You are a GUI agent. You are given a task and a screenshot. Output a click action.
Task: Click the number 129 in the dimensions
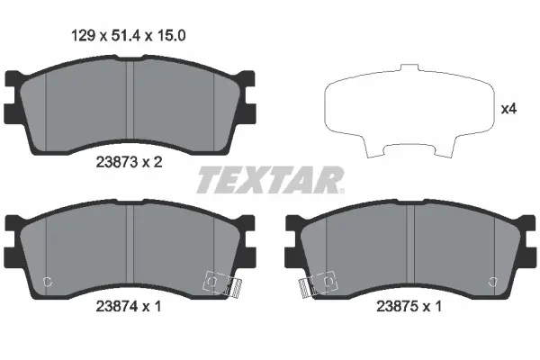(x=84, y=37)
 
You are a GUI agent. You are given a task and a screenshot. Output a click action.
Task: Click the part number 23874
(x=115, y=306)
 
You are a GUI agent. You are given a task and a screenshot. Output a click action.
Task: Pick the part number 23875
(x=393, y=306)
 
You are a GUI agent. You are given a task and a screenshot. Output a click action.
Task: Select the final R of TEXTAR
(x=327, y=180)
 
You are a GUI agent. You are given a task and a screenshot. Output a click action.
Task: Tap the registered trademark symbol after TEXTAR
(x=341, y=190)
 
